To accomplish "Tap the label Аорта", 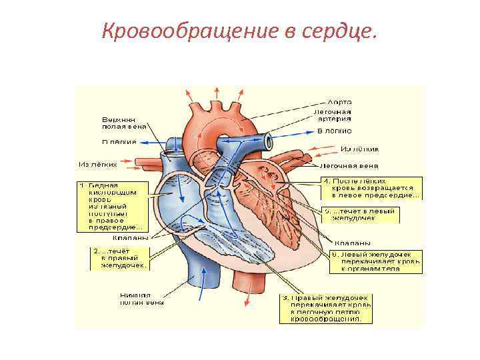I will (339, 101).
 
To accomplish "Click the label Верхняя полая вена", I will (123, 122).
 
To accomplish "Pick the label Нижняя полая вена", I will (141, 299).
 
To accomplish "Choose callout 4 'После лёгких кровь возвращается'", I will (371, 188).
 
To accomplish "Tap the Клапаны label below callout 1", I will (131, 237).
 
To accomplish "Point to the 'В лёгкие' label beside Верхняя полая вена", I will (119, 142).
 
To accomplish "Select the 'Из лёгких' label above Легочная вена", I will (359, 149).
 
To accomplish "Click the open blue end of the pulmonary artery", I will (269, 141).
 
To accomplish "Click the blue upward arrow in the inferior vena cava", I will (198, 283).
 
